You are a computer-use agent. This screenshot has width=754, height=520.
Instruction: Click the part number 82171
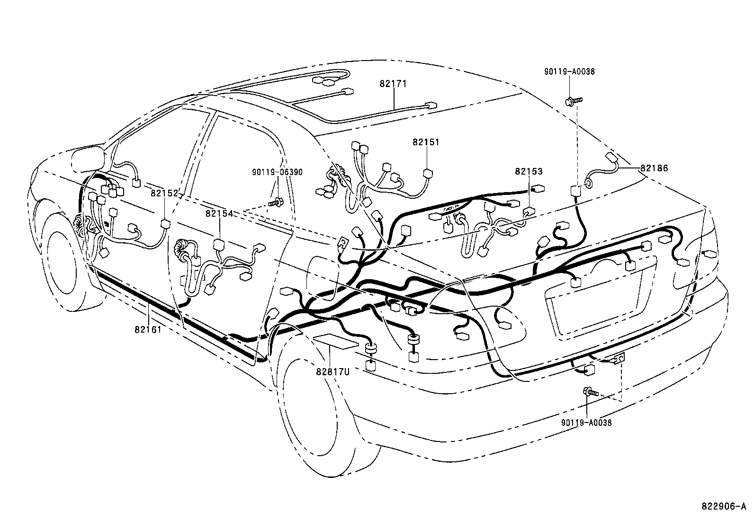pyautogui.click(x=393, y=84)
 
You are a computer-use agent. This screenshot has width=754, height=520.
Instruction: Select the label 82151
pyautogui.click(x=425, y=142)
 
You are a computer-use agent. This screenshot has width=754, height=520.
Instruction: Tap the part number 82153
pyautogui.click(x=528, y=171)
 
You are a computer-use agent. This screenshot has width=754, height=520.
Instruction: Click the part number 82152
pyautogui.click(x=165, y=193)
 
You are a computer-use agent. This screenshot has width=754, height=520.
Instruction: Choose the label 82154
pyautogui.click(x=219, y=213)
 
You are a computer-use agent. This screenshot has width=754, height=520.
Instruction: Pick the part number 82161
pyautogui.click(x=148, y=329)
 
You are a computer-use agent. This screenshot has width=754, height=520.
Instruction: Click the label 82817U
pyautogui.click(x=332, y=371)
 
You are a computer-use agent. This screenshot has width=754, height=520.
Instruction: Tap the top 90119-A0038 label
pyautogui.click(x=569, y=72)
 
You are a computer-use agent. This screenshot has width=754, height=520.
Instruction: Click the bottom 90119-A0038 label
pyautogui.click(x=586, y=423)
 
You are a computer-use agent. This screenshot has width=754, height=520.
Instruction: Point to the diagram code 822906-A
pyautogui.click(x=727, y=506)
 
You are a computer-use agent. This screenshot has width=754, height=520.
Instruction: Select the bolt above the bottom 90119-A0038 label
pyautogui.click(x=590, y=392)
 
